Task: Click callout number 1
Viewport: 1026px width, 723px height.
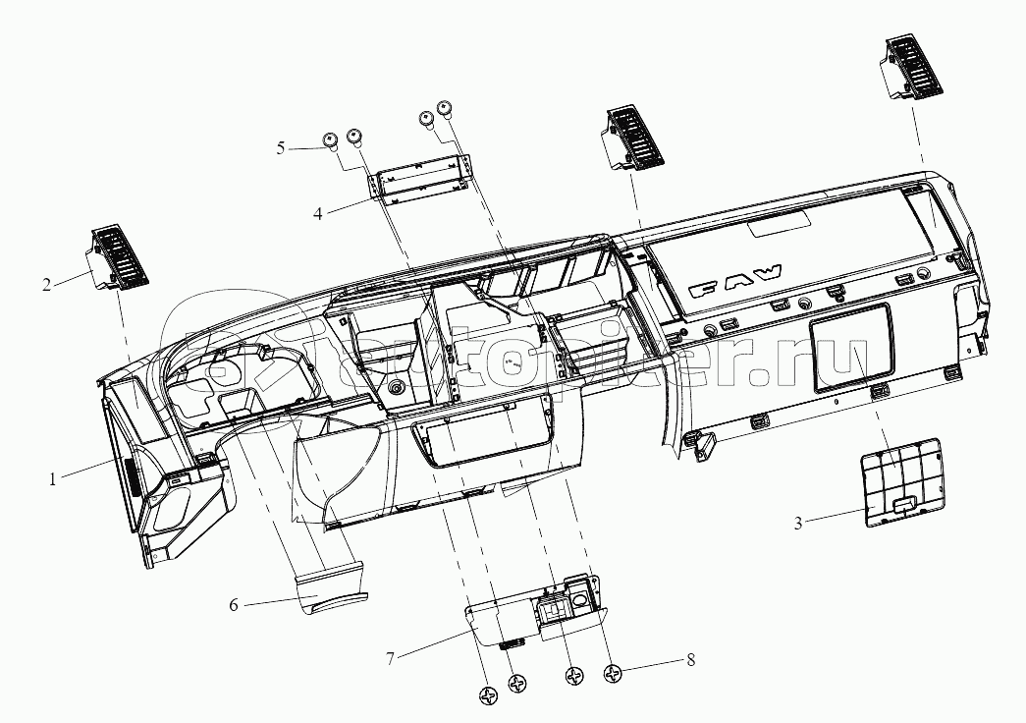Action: (52, 479)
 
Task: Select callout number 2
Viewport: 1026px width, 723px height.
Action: (46, 285)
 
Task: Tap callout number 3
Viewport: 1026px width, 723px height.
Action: (797, 524)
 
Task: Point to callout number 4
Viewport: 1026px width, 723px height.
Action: (317, 213)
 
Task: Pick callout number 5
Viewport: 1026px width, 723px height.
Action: (281, 148)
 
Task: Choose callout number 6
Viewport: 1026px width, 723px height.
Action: (234, 604)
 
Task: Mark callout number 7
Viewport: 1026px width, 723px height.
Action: (390, 658)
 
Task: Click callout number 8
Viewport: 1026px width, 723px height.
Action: (690, 659)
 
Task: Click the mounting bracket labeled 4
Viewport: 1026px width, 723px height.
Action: (421, 178)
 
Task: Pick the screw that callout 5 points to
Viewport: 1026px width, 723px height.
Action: (330, 140)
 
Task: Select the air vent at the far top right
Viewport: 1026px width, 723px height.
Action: (913, 67)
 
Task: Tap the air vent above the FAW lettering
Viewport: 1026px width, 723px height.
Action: (632, 137)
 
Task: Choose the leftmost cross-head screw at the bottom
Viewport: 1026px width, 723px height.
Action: (490, 696)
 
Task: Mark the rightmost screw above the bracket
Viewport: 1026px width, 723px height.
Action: (445, 108)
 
